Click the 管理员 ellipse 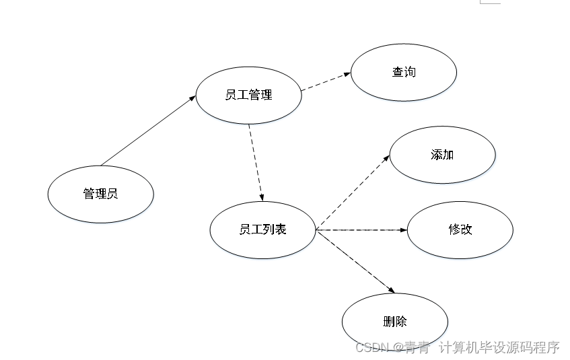pos(101,194)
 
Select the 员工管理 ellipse pos(248,95)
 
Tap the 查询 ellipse pos(404,72)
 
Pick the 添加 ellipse pos(442,155)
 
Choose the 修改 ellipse pos(460,229)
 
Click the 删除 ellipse pos(394,322)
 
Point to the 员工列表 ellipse pos(262,229)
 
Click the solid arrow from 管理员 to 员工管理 pos(148,131)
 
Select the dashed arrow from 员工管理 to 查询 pos(326,81)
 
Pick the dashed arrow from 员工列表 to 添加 pos(353,190)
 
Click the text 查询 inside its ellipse pos(404,72)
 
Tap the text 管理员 pos(101,194)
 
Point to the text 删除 pos(394,322)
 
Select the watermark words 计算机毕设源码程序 pos(499,347)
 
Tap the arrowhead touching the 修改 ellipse pos(404,230)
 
